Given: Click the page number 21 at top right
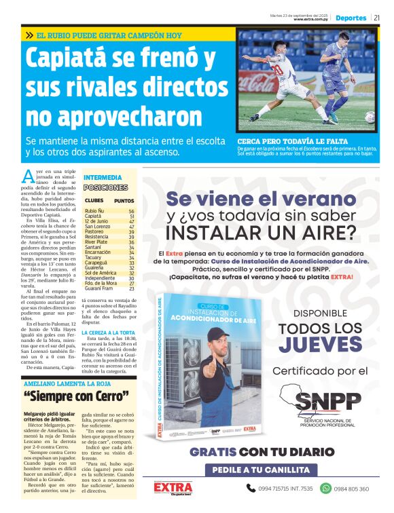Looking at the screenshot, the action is pos(378,18).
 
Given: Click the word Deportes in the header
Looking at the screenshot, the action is pos(351,18).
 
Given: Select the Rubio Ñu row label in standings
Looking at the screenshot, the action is pos(94,211).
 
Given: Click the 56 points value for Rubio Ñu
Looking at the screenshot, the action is pos(132,211).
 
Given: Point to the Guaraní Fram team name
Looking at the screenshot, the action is pos(99,288).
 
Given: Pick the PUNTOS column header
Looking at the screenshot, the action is pos(124,201).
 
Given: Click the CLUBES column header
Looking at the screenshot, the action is pos(94,201).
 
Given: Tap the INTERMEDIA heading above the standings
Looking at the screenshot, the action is pos(102,177).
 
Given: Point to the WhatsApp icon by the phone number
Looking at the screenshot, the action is pos(325,488).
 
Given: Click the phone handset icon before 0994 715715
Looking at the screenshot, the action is pos(251,488).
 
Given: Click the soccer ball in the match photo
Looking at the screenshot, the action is pos(370,116).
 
